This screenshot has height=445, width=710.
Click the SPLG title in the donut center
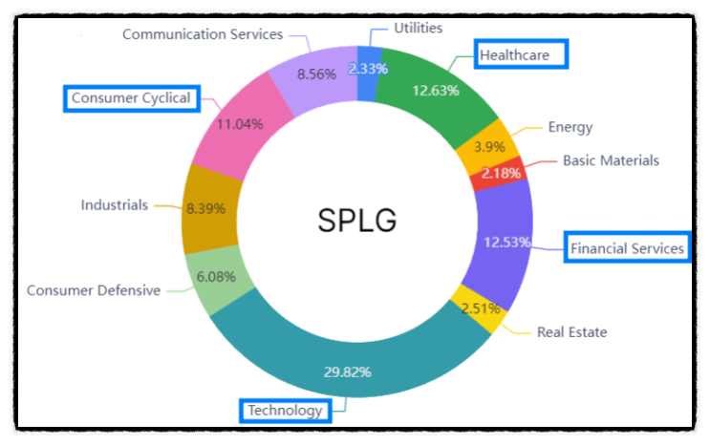356,221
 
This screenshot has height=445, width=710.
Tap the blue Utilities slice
367,69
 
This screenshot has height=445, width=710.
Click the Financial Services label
627,248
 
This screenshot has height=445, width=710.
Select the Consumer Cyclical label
131,97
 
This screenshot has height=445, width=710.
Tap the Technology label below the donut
285,411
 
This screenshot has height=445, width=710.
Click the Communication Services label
203,34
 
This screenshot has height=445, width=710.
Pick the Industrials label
114,204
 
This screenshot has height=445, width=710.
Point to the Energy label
570,127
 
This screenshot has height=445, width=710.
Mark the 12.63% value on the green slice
435,91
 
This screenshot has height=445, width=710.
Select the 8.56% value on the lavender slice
315,73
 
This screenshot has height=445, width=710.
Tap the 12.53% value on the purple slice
507,242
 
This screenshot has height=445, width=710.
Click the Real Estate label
571,331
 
